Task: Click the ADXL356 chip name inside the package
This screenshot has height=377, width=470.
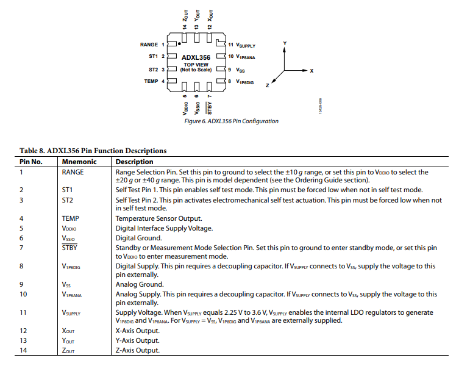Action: pos(196,57)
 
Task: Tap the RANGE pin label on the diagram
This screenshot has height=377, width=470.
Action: pos(149,45)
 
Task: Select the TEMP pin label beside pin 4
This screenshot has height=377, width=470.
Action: pos(151,81)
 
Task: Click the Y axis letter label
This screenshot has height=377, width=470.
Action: pos(285,43)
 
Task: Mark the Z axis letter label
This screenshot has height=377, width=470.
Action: pos(267,86)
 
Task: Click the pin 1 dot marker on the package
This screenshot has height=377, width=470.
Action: pos(179,44)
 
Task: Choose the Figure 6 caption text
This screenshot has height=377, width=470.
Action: pos(231,121)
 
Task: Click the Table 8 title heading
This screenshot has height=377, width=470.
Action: pos(93,151)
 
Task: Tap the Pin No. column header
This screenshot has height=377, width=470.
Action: pos(30,162)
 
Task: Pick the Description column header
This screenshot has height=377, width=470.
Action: pos(135,162)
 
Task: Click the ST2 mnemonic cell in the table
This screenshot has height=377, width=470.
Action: pos(67,200)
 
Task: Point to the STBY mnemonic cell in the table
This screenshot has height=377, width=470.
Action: pos(69,248)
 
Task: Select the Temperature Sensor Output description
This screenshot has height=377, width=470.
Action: pos(158,218)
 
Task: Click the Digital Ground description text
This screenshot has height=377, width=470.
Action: pos(138,238)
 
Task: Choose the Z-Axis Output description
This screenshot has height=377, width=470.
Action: pos(137,350)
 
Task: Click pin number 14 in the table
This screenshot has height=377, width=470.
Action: pos(23,350)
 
